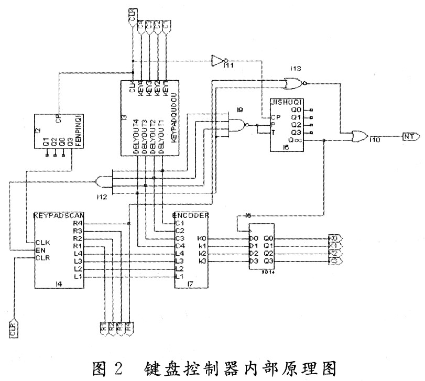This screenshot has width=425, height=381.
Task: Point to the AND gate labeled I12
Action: pos(104,181)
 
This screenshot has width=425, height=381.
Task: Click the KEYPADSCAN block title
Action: pos(59,215)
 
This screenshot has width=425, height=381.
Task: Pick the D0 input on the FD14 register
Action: pos(253,238)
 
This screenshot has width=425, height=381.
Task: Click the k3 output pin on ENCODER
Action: pos(202,260)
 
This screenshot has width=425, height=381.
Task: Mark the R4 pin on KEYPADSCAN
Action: pos(78,223)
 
